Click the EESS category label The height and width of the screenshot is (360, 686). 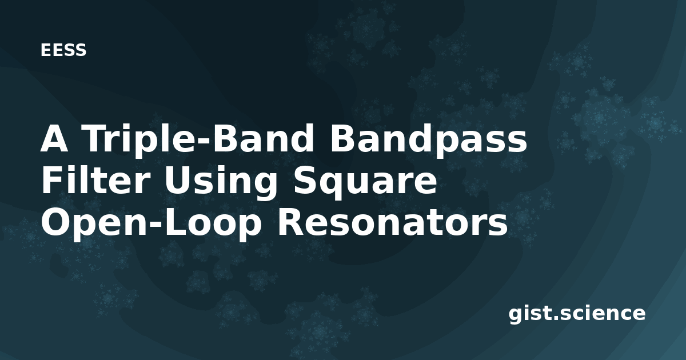63,50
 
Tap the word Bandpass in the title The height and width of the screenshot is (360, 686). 428,139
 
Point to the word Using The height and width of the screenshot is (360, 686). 220,182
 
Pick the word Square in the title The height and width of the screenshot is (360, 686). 364,182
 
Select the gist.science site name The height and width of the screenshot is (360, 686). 577,314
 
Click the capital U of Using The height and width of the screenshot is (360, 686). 178,181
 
